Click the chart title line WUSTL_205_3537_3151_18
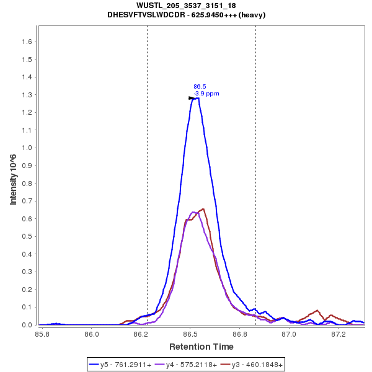click(x=185, y=6)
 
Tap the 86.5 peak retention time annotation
click(x=200, y=87)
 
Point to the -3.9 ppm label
click(x=206, y=94)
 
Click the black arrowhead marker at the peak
click(x=192, y=98)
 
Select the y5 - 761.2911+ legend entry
click(x=126, y=365)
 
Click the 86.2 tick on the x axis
click(x=141, y=334)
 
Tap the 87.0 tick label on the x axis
click(x=289, y=334)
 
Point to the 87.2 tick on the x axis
click(x=339, y=334)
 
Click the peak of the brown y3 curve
click(x=202, y=209)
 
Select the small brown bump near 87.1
click(x=317, y=311)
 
